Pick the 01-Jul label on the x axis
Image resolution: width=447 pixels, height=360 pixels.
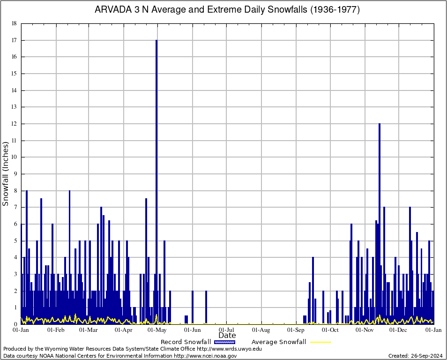(227, 330)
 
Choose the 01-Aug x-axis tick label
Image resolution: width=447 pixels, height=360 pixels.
(261, 330)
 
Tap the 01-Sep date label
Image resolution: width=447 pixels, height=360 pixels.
(296, 330)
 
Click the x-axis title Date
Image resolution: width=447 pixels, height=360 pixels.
(227, 336)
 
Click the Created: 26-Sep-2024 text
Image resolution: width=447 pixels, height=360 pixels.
(416, 356)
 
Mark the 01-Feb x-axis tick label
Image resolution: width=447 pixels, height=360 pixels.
(56, 330)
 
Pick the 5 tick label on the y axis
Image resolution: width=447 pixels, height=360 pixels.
(15, 240)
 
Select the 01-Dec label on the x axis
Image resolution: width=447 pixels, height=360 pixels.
(399, 330)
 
